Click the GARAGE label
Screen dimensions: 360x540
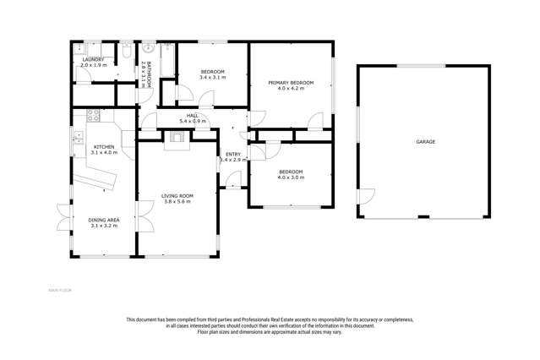pos(425,142)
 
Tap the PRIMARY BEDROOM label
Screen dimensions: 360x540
pos(291,83)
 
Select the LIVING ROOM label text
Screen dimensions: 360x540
pos(177,196)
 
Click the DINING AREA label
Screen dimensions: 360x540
pos(103,220)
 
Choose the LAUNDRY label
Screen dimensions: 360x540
pos(92,60)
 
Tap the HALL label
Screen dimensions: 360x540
pos(191,116)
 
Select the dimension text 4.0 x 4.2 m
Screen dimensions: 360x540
pos(291,89)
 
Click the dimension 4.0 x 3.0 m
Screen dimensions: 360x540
pos(290,177)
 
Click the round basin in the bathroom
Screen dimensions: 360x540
pos(147,47)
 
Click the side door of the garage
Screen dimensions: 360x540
pos(364,196)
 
